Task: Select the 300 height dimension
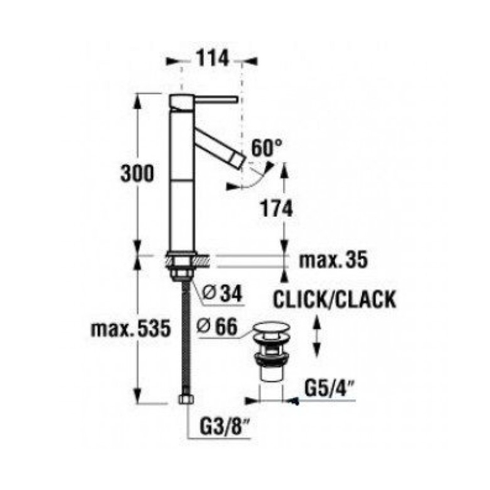pos(137,173)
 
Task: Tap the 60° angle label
pos(266,148)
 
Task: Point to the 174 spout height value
pos(277,209)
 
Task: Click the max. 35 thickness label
pos(333,260)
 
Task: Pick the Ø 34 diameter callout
pos(222,294)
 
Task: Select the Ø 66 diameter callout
pos(217,327)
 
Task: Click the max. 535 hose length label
pos(131,328)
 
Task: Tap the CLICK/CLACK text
pos(334,300)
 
